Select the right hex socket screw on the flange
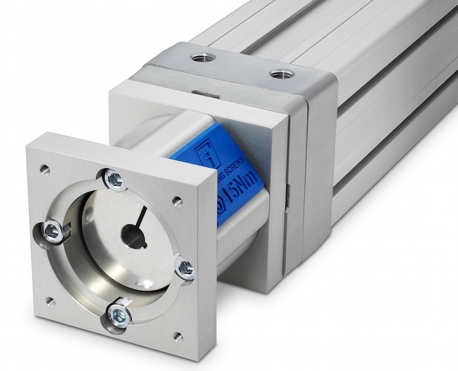coord(185,268)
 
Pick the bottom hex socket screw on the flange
coord(120,314)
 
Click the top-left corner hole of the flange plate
coord(44,169)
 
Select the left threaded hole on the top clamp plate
coord(203,57)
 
